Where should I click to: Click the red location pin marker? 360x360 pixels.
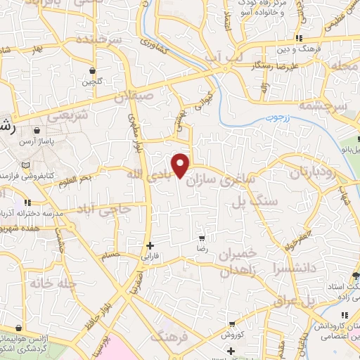(181, 165)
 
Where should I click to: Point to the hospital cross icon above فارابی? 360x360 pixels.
(150, 245)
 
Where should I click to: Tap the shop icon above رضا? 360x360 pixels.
(202, 239)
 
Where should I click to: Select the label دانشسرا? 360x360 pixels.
(282, 267)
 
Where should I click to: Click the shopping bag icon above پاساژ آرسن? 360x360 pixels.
(35, 129)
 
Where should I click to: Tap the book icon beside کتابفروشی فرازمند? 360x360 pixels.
(26, 165)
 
